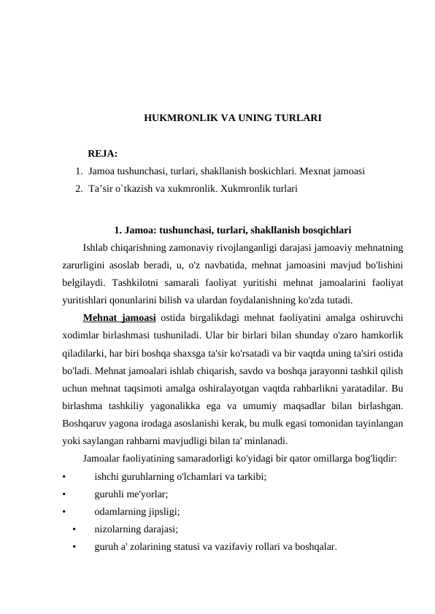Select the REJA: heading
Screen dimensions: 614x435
[103, 153]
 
